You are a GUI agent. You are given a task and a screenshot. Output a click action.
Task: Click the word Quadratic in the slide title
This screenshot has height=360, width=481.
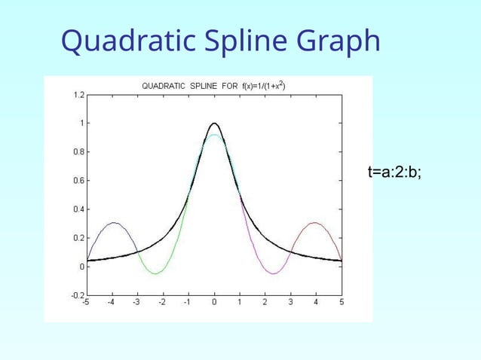click(x=124, y=42)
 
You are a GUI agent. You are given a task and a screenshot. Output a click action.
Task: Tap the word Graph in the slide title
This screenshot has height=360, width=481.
click(x=338, y=42)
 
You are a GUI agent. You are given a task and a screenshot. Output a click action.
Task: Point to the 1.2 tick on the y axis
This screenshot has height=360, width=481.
click(x=78, y=95)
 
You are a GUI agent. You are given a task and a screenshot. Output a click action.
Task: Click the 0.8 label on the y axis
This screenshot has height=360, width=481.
click(x=78, y=152)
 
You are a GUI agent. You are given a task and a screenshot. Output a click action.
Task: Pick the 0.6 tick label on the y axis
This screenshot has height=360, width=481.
click(x=78, y=181)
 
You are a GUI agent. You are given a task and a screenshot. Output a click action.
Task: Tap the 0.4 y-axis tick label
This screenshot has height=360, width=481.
click(x=78, y=209)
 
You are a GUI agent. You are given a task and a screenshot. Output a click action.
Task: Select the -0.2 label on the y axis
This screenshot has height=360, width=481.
click(x=77, y=295)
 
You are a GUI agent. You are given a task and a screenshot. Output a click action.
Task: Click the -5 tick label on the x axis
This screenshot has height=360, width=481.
click(x=87, y=303)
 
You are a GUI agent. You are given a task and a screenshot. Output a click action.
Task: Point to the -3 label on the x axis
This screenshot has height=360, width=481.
click(x=137, y=303)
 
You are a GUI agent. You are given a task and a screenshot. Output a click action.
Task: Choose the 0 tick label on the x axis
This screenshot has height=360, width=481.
click(x=215, y=303)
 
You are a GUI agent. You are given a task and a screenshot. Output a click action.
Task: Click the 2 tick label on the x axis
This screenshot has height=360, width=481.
click(x=265, y=303)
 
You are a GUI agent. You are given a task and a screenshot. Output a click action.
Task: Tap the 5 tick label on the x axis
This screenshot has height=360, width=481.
click(x=342, y=303)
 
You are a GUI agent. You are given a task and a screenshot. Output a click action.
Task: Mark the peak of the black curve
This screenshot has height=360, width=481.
click(x=215, y=123)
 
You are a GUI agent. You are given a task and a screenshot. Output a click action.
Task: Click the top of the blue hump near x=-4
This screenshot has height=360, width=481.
click(x=113, y=222)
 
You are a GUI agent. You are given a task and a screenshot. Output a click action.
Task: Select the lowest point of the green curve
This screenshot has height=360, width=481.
click(x=155, y=273)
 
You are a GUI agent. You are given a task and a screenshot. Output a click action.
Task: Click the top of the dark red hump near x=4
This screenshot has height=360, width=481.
click(x=315, y=222)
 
